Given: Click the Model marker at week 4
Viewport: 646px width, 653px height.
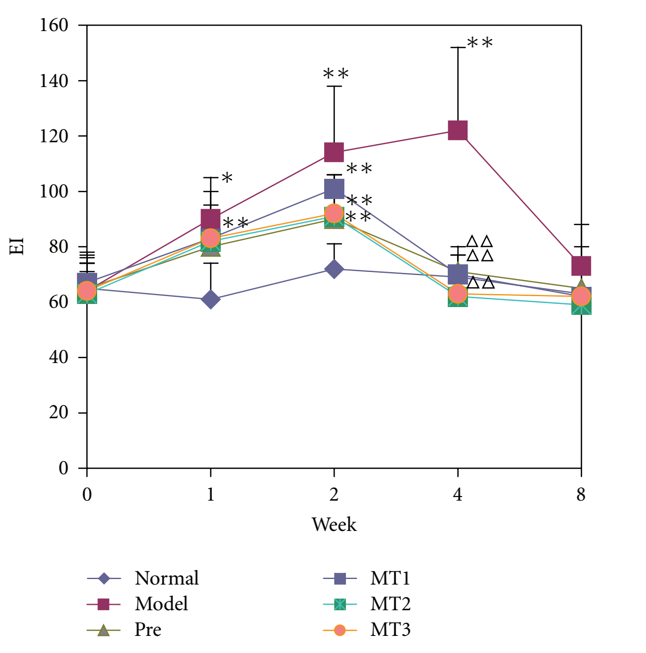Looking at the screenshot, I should [457, 130].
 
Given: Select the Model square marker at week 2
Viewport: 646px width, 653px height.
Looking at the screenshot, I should [334, 152].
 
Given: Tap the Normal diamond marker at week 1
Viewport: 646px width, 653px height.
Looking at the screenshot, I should [211, 299].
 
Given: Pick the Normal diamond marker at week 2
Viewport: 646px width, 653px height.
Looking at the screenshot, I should [334, 269].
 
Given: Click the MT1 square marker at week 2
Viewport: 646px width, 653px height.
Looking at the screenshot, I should [334, 189].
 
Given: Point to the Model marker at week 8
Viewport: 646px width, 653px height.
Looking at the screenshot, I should [581, 265].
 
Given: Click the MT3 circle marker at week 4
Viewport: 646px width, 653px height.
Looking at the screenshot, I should [457, 294].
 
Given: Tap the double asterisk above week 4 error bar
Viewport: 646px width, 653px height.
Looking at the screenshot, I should [480, 42].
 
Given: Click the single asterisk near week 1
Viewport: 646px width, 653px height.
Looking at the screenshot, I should [227, 178].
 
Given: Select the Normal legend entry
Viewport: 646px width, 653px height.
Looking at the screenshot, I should [166, 578].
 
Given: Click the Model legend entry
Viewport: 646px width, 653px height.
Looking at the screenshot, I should [161, 604].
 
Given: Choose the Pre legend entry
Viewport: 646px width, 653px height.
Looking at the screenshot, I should [148, 629].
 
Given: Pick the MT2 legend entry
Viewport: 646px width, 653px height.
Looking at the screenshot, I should [390, 604].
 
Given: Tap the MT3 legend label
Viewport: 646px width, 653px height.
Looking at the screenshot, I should [390, 629].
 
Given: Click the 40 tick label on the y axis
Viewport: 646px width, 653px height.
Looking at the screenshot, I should [58, 357].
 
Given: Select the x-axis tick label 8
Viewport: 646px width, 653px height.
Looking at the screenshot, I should [581, 494].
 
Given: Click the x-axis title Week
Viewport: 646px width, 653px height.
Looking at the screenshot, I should [334, 524].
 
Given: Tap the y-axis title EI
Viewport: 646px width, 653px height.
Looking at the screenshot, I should [17, 246].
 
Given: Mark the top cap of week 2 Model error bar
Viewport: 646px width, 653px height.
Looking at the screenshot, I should [334, 86].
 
